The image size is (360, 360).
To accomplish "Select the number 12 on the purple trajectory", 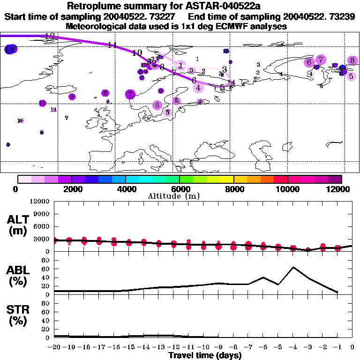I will tap(50, 36).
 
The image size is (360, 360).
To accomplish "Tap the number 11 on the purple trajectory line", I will tap(112, 45).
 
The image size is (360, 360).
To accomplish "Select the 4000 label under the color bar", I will tap(125, 189).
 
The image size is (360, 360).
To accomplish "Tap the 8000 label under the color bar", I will tap(233, 189).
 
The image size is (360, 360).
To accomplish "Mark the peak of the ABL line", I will tap(293, 267).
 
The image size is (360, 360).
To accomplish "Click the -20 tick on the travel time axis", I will tap(55, 347).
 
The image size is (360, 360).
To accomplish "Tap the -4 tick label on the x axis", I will tap(293, 347).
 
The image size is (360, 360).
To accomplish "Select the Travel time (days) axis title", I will tap(205, 355).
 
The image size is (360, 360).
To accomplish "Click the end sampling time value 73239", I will tap(342, 16).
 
